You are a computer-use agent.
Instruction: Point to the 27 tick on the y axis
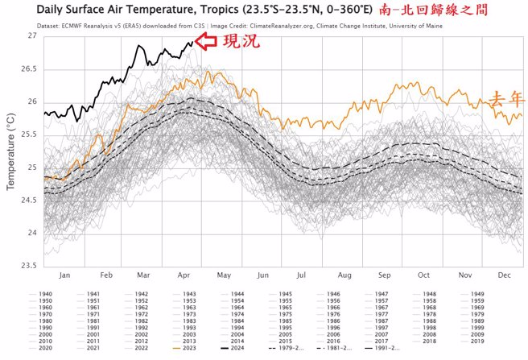pos(31,37)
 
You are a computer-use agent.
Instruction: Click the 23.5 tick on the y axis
pos(29,266)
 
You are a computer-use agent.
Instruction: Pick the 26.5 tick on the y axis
pos(29,69)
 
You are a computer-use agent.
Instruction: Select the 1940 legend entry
pos(45,294)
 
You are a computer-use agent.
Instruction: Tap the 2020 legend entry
pos(45,347)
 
